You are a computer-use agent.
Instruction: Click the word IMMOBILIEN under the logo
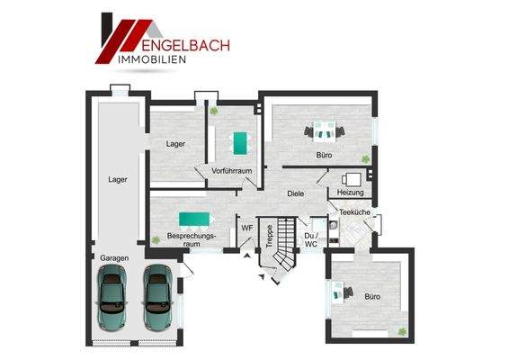pos(154,59)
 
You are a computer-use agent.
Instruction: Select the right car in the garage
pos(157,297)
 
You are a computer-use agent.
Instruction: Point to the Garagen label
pos(114,258)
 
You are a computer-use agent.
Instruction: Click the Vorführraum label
pos(230,171)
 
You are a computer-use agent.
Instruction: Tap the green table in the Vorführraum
pos(240,143)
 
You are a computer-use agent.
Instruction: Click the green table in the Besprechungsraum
pos(194,218)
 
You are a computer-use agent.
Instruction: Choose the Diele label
pos(295,193)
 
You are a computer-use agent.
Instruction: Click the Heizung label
pos(350,193)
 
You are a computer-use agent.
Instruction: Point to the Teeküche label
pos(354,212)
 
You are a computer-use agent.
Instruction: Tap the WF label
pos(246,228)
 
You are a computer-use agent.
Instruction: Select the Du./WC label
pos(311,239)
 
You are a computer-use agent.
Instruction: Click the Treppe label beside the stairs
pos(269,236)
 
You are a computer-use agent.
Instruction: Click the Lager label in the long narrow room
pos(117,179)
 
